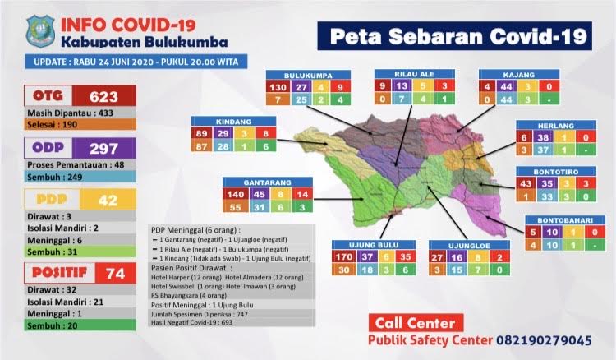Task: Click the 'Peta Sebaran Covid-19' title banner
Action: [x=457, y=36]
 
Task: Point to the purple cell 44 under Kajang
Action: [x=508, y=86]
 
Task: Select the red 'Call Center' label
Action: [x=408, y=321]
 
